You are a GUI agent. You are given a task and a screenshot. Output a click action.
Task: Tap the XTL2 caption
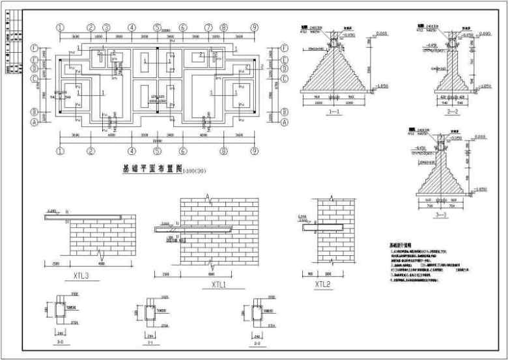pos(323,284)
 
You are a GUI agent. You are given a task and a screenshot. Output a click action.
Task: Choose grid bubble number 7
pos(208,28)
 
